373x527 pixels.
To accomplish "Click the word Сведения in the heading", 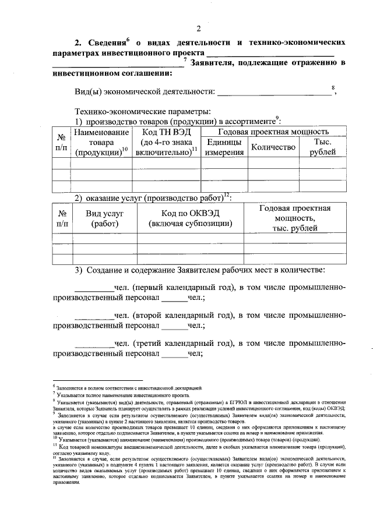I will tap(105, 43).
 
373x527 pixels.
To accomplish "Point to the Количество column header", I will tap(273, 147).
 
